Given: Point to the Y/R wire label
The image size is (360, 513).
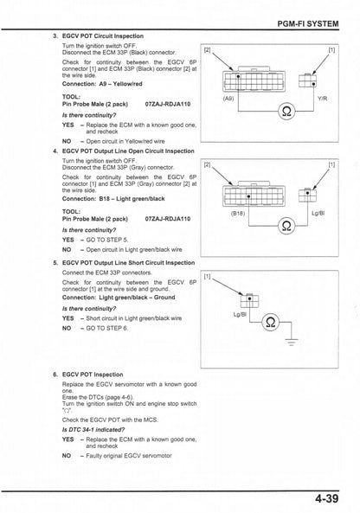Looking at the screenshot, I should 322,99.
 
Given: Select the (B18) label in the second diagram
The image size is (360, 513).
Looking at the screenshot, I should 239,214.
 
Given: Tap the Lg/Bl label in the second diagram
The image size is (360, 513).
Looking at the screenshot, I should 318,214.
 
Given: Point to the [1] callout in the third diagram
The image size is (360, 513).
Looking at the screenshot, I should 208,278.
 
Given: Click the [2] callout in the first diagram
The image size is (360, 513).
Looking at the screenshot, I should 207,50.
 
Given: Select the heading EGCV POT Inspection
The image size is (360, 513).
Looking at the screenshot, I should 97,375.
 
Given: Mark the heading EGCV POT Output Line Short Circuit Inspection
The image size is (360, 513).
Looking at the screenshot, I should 130,262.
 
